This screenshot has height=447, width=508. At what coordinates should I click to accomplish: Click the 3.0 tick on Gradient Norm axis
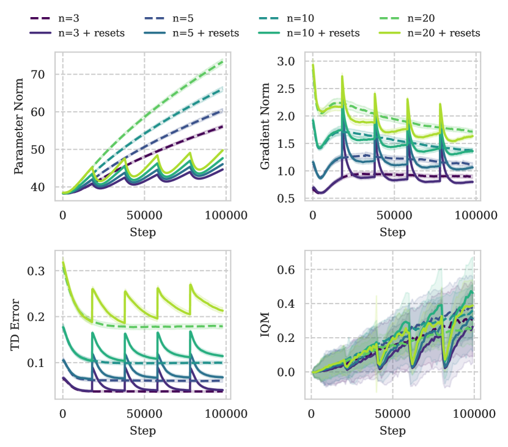point(287,62)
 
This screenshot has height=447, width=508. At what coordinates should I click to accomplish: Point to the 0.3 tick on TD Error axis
point(37,271)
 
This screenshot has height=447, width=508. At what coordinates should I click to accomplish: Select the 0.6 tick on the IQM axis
point(287,270)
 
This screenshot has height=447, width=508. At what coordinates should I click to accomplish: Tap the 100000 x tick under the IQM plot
point(474,413)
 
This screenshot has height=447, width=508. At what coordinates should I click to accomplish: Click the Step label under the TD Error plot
point(143,431)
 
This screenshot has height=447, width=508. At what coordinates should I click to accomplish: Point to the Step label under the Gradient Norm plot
point(392,233)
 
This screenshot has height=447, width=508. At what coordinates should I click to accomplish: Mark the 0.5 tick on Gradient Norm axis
point(287,198)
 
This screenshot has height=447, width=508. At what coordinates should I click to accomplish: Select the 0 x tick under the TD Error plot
point(62,413)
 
